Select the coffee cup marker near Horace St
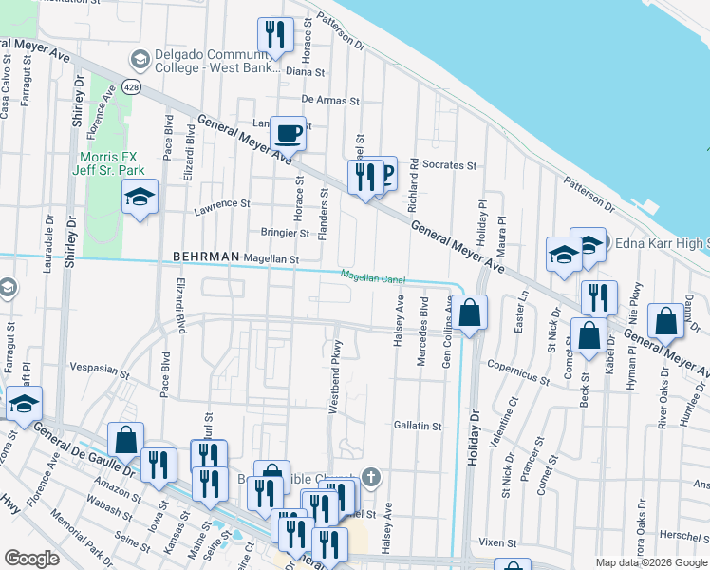[288, 133]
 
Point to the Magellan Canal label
[374, 277]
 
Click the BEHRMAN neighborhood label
[205, 257]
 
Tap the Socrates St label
[449, 165]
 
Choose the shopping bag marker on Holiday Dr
[469, 312]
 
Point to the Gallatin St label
[418, 427]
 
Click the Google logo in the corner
[31, 559]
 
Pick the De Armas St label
[330, 99]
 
